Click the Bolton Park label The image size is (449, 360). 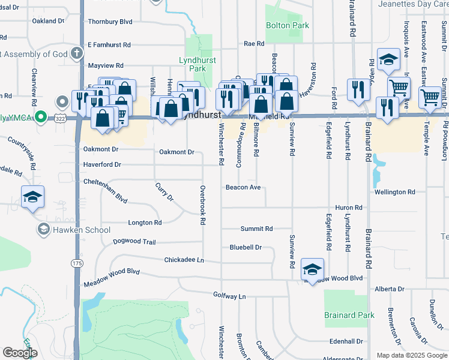pyautogui.click(x=288, y=26)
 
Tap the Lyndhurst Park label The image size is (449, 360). pyautogui.click(x=193, y=64)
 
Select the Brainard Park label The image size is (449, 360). pyautogui.click(x=349, y=315)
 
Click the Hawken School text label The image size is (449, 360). pyautogui.click(x=81, y=230)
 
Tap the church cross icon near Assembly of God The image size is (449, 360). pyautogui.click(x=76, y=53)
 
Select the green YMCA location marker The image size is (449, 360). pyautogui.click(x=40, y=116)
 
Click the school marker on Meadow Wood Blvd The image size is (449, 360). pyautogui.click(x=313, y=269)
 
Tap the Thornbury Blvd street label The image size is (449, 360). pyautogui.click(x=110, y=22)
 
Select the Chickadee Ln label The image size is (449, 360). pyautogui.click(x=184, y=260)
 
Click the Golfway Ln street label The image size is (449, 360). pyautogui.click(x=229, y=296)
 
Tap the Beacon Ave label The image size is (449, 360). pyautogui.click(x=243, y=187)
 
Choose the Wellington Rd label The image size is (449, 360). pyautogui.click(x=394, y=192)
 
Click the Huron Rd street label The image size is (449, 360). pyautogui.click(x=349, y=208)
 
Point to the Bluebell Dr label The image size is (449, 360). pyautogui.click(x=246, y=247)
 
